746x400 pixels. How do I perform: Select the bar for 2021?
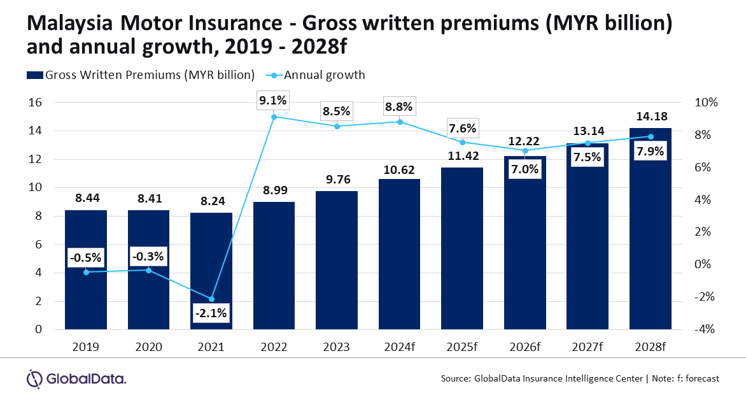pyautogui.click(x=211, y=271)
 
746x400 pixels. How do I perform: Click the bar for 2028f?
pyautogui.click(x=651, y=229)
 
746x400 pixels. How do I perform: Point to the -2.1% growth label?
pyautogui.click(x=211, y=313)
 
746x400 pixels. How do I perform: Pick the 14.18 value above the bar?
pyautogui.click(x=651, y=117)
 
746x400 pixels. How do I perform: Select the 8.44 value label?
pyautogui.click(x=86, y=199)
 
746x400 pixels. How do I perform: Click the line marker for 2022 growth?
pyautogui.click(x=274, y=117)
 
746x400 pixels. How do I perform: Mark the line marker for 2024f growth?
pyautogui.click(x=400, y=122)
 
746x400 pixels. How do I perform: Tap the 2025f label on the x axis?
pyautogui.click(x=463, y=347)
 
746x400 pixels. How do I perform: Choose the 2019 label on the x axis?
pyautogui.click(x=86, y=347)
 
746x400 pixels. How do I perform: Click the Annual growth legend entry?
pyautogui.click(x=325, y=75)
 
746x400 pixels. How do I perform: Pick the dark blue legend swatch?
pyautogui.click(x=35, y=75)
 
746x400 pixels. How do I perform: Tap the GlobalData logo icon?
pyautogui.click(x=34, y=378)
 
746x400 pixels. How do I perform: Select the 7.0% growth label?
pyautogui.click(x=525, y=169)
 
